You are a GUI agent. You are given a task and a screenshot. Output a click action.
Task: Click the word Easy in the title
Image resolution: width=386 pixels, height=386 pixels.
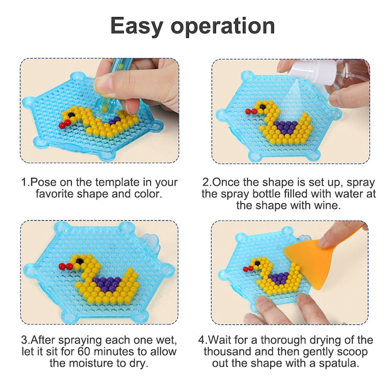pyautogui.click(x=140, y=25)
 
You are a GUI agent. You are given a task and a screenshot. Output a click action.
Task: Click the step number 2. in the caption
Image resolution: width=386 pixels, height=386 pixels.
pyautogui.click(x=206, y=182)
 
